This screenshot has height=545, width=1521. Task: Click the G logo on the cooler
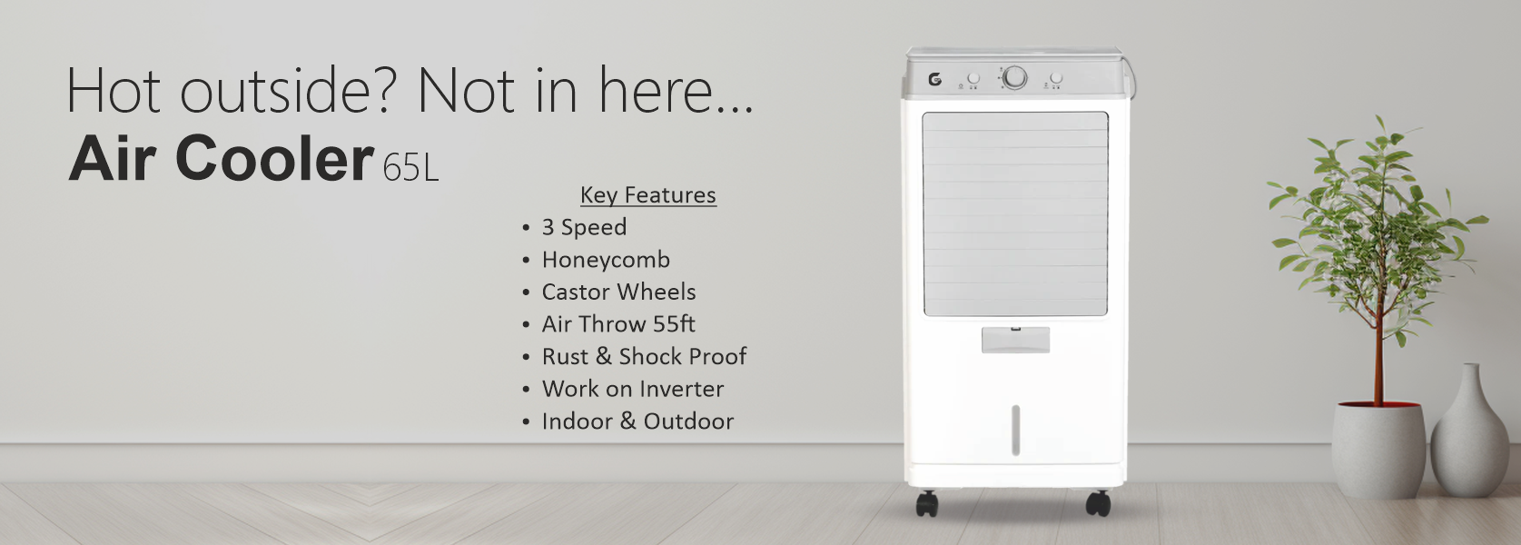935,80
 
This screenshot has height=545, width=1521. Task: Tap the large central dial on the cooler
1015,78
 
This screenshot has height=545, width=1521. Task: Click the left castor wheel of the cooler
926,504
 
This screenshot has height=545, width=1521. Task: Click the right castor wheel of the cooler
1098,503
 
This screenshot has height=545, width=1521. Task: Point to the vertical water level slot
1015,430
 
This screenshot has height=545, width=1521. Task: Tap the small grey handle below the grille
1015,340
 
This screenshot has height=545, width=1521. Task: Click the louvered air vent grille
1015,213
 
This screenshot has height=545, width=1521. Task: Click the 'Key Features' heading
648,195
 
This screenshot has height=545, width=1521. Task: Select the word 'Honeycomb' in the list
606,260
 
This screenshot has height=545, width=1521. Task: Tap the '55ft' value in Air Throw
674,324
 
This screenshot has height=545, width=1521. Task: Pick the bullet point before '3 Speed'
526,228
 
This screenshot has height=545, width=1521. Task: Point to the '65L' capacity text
410,168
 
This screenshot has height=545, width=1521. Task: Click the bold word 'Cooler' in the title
273,158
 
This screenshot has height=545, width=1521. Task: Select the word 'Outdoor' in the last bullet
688,421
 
